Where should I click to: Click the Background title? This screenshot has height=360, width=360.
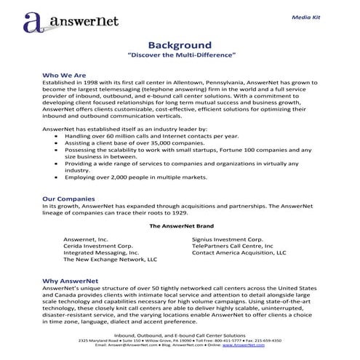180,44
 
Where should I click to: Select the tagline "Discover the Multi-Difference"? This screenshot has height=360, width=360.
180,55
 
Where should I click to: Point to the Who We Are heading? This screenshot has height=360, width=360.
64,75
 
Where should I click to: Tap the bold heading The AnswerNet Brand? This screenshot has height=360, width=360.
180,226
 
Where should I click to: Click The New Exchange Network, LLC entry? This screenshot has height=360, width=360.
110,259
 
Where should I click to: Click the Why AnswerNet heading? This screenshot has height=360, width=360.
71,280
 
